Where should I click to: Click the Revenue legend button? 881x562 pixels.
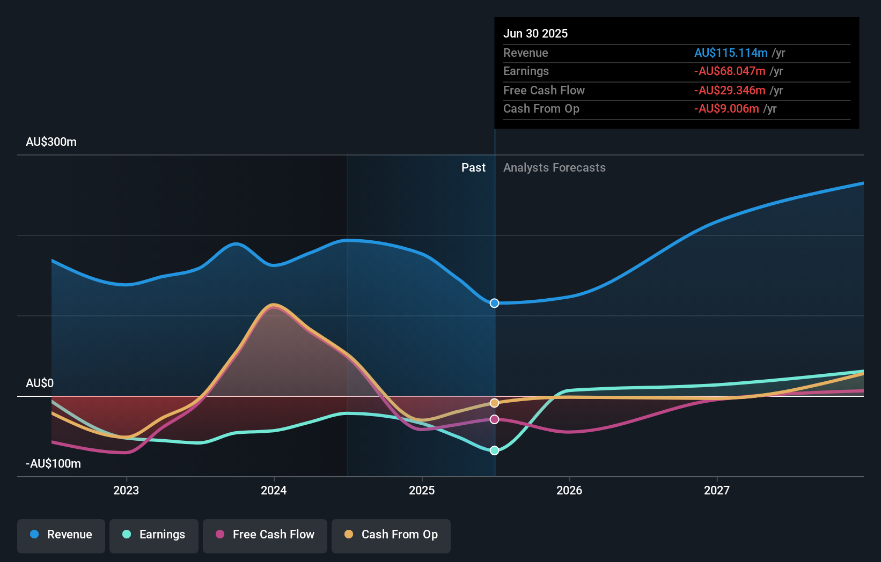pyautogui.click(x=61, y=535)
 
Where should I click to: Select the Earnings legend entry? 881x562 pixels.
pyautogui.click(x=154, y=535)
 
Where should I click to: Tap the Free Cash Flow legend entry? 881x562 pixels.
pyautogui.click(x=265, y=535)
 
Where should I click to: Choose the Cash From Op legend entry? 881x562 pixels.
pyautogui.click(x=391, y=535)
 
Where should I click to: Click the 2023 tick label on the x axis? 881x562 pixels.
pyautogui.click(x=126, y=490)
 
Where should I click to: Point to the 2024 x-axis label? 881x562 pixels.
pyautogui.click(x=274, y=490)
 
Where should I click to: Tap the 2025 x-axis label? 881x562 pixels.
pyautogui.click(x=422, y=490)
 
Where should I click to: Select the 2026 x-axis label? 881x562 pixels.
pyautogui.click(x=569, y=490)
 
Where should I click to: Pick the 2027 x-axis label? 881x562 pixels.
pyautogui.click(x=717, y=490)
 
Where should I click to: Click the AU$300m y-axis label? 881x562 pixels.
pyautogui.click(x=51, y=142)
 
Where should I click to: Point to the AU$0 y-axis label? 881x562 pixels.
pyautogui.click(x=40, y=383)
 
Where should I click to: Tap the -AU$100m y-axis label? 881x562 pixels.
pyautogui.click(x=53, y=464)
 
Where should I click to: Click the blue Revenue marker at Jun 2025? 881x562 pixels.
pyautogui.click(x=495, y=304)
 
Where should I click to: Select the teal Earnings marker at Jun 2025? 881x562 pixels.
pyautogui.click(x=495, y=450)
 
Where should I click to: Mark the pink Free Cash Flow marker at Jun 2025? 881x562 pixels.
pyautogui.click(x=495, y=419)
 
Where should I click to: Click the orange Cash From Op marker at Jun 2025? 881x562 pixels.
pyautogui.click(x=495, y=403)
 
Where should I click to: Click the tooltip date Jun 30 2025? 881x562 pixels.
pyautogui.click(x=535, y=33)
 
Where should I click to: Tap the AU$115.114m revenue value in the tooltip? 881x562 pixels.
pyautogui.click(x=731, y=53)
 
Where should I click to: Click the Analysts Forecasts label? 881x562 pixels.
pyautogui.click(x=554, y=168)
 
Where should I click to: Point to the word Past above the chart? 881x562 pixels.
pyautogui.click(x=473, y=168)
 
